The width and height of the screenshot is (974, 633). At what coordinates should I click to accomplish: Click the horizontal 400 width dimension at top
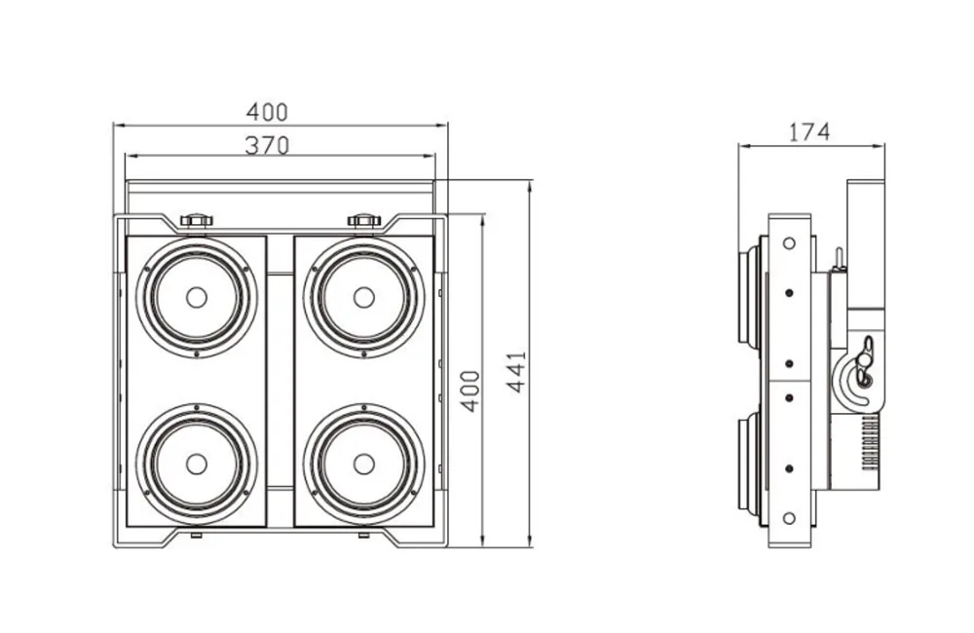pyautogui.click(x=267, y=113)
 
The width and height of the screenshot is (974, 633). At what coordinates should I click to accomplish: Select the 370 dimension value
pyautogui.click(x=267, y=145)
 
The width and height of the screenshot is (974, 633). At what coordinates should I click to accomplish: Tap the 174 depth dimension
pyautogui.click(x=809, y=131)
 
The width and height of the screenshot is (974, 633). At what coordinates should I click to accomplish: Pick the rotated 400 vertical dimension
pyautogui.click(x=470, y=390)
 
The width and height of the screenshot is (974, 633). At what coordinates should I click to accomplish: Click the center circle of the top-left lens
pyautogui.click(x=197, y=297)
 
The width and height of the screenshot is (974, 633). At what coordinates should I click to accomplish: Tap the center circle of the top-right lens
pyautogui.click(x=363, y=297)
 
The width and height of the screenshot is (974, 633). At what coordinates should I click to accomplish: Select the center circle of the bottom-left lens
pyautogui.click(x=197, y=465)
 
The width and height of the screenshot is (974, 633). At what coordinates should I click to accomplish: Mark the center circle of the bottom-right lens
pyautogui.click(x=363, y=465)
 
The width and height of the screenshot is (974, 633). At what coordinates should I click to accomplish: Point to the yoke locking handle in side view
pyautogui.click(x=862, y=365)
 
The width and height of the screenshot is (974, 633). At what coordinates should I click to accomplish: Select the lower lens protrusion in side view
pyautogui.click(x=753, y=462)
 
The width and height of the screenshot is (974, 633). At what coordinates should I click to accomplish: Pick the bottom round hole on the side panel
pyautogui.click(x=788, y=517)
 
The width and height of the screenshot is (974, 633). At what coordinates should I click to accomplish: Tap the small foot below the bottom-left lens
pyautogui.click(x=197, y=535)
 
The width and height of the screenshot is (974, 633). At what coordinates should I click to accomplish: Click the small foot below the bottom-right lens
pyautogui.click(x=363, y=535)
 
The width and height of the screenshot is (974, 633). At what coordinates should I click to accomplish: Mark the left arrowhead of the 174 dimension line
pyautogui.click(x=741, y=145)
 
